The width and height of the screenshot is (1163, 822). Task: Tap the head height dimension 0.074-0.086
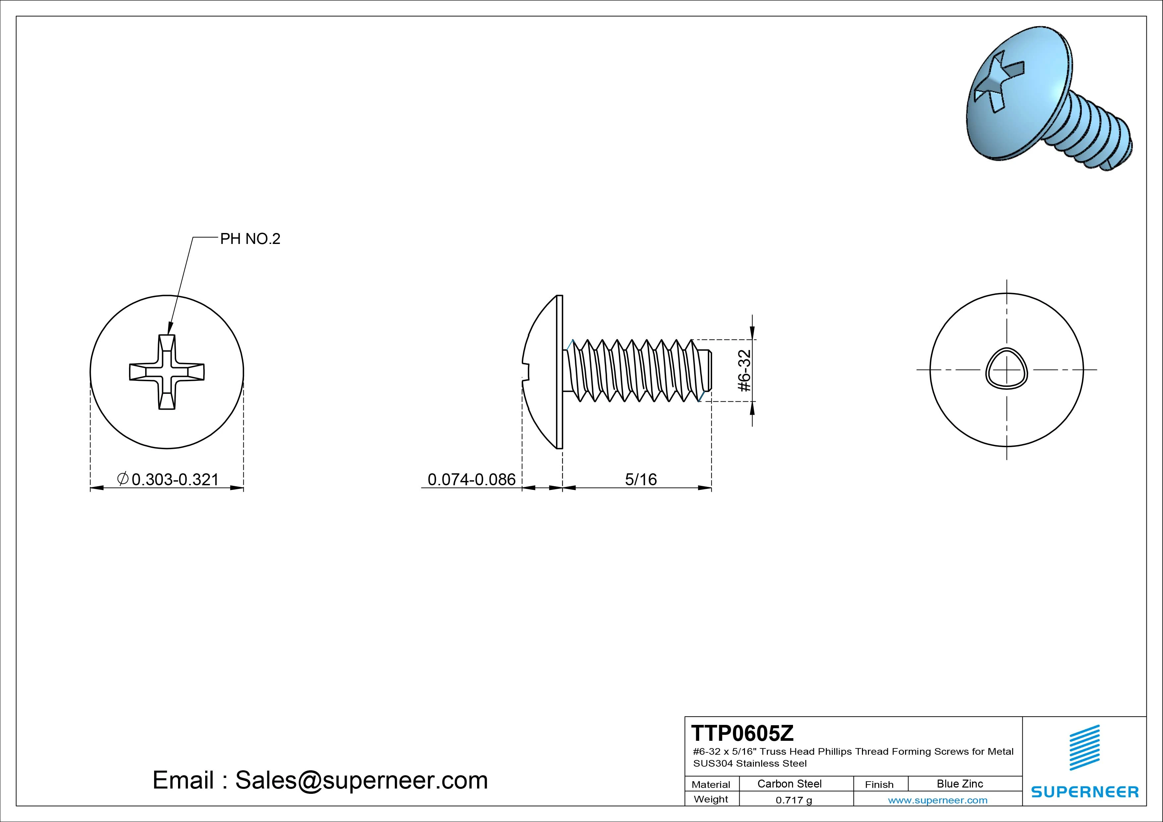pyautogui.click(x=471, y=479)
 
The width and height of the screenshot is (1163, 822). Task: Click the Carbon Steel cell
pyautogui.click(x=789, y=784)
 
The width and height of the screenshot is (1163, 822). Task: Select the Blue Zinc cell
pyautogui.click(x=959, y=784)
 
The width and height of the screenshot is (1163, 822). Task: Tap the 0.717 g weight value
pyautogui.click(x=793, y=800)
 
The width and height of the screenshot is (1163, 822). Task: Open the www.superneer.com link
pyautogui.click(x=937, y=800)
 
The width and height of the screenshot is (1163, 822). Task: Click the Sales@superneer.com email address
pyautogui.click(x=361, y=780)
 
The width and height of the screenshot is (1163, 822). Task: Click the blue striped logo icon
pyautogui.click(x=1084, y=747)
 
